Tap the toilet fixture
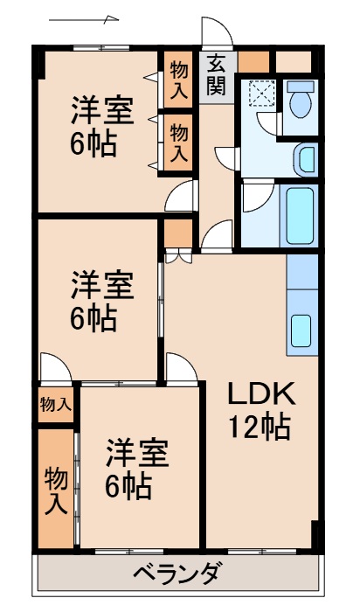(301, 101)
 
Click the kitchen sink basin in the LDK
(301, 330)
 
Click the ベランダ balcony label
(177, 575)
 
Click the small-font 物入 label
(55, 404)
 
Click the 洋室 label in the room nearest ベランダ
(137, 454)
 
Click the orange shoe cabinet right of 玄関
(253, 63)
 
